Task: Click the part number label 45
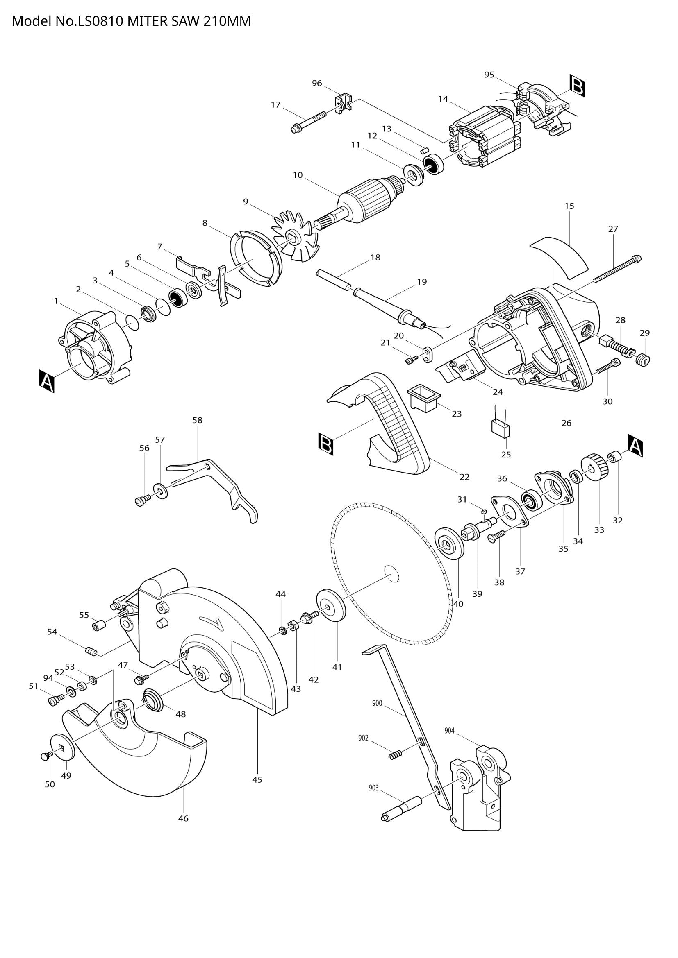point(257,779)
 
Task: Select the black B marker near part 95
point(578,86)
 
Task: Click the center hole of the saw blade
point(391,575)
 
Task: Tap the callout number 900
point(377,704)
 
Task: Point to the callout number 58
point(198,420)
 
